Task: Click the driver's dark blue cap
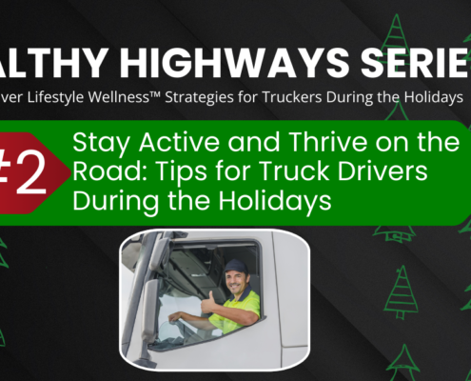click(x=235, y=267)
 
